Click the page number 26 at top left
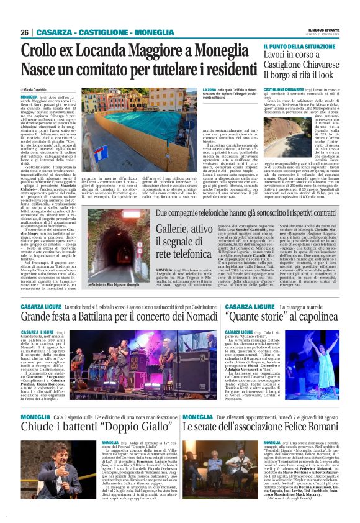25,32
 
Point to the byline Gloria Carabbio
38,91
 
